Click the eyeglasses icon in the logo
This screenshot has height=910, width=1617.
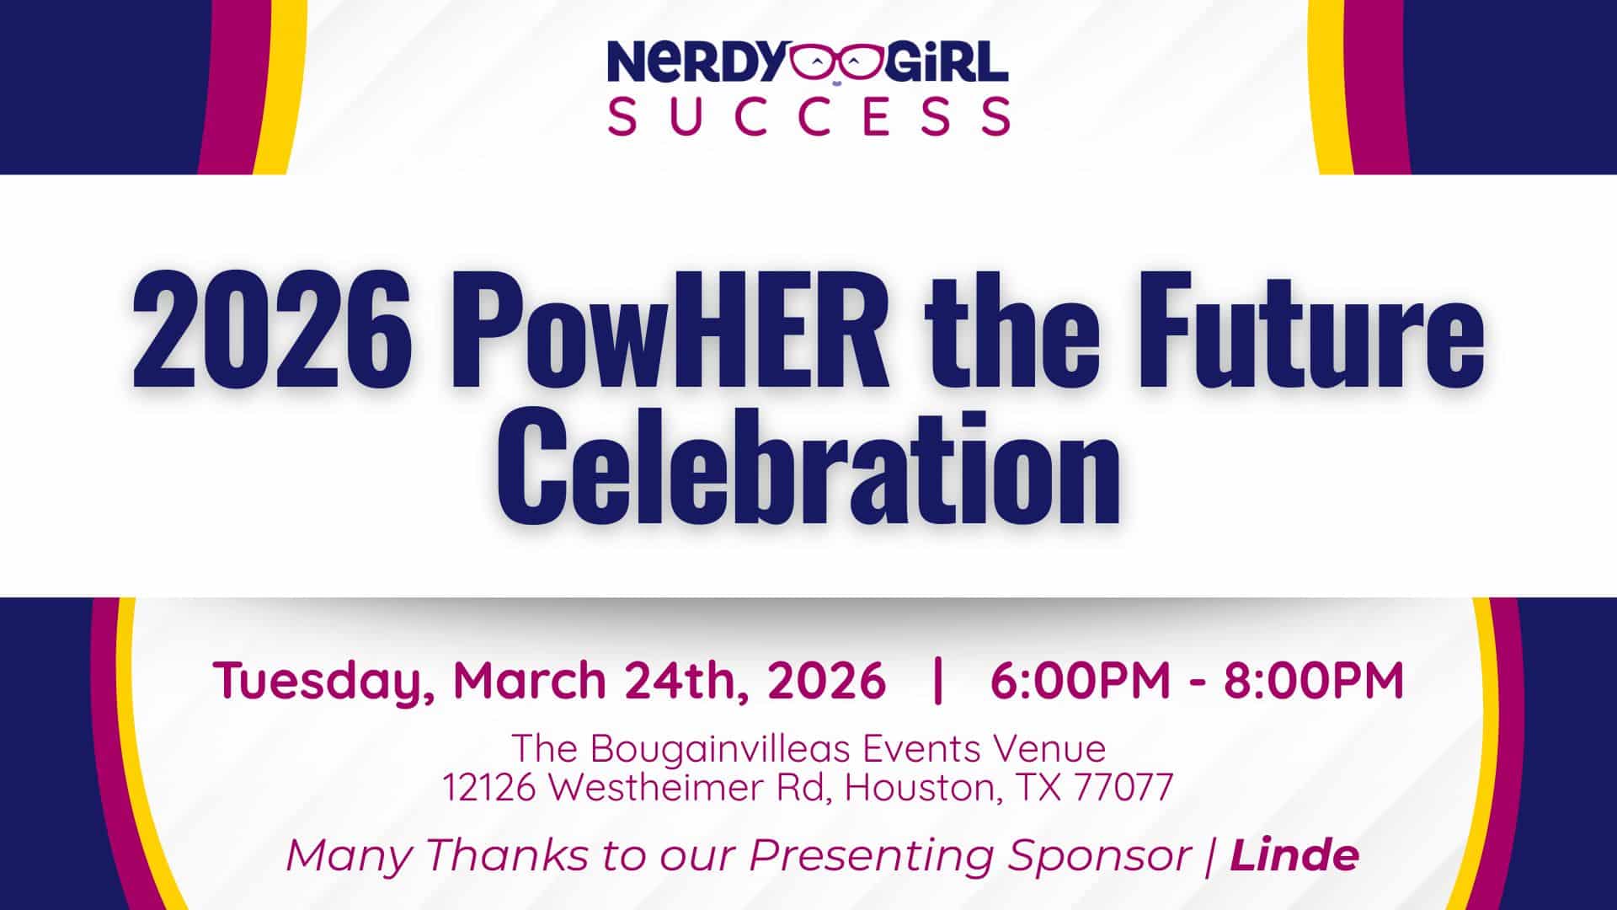click(x=834, y=64)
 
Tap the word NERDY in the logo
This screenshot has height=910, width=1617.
click(x=698, y=63)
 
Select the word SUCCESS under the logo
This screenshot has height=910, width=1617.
click(x=808, y=115)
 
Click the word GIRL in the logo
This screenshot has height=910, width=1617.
click(x=943, y=63)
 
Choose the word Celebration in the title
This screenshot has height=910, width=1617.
click(x=808, y=468)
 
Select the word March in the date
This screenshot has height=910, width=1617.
click(x=530, y=680)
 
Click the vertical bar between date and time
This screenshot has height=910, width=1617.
click(x=938, y=680)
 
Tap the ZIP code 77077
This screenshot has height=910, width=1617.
click(x=1124, y=787)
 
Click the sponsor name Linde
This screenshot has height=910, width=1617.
click(x=1294, y=854)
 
